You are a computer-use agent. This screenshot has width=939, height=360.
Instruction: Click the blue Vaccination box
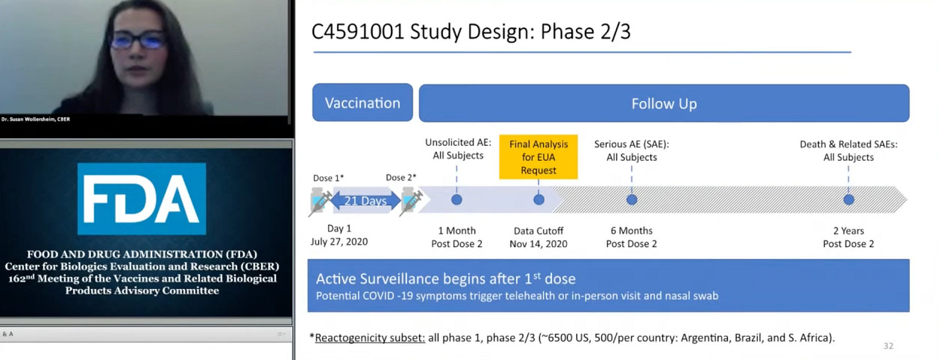(x=362, y=103)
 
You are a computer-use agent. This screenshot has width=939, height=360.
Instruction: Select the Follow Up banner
(x=664, y=103)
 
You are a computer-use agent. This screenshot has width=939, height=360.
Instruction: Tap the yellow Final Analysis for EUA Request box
(x=538, y=157)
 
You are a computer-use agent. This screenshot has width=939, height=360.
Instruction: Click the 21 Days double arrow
(x=365, y=201)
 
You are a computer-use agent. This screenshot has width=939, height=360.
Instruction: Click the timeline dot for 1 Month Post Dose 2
(x=457, y=200)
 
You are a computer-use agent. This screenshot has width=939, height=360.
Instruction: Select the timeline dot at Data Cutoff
(x=539, y=200)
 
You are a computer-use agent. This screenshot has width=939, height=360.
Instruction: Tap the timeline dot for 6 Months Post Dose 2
(x=631, y=200)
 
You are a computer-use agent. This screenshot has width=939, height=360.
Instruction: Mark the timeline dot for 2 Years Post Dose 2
(x=848, y=200)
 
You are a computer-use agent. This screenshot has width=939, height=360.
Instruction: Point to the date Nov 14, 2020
(x=539, y=243)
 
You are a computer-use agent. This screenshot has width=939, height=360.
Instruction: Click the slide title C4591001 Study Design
(x=471, y=32)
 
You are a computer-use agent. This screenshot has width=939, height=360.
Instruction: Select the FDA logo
(x=141, y=199)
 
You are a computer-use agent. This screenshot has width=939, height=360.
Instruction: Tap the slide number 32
(x=888, y=346)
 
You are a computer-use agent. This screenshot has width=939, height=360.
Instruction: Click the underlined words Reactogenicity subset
(x=370, y=337)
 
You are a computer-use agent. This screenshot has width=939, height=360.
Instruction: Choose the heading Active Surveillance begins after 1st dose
(x=446, y=279)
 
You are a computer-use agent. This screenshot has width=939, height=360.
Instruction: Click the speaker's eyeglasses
(x=137, y=40)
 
